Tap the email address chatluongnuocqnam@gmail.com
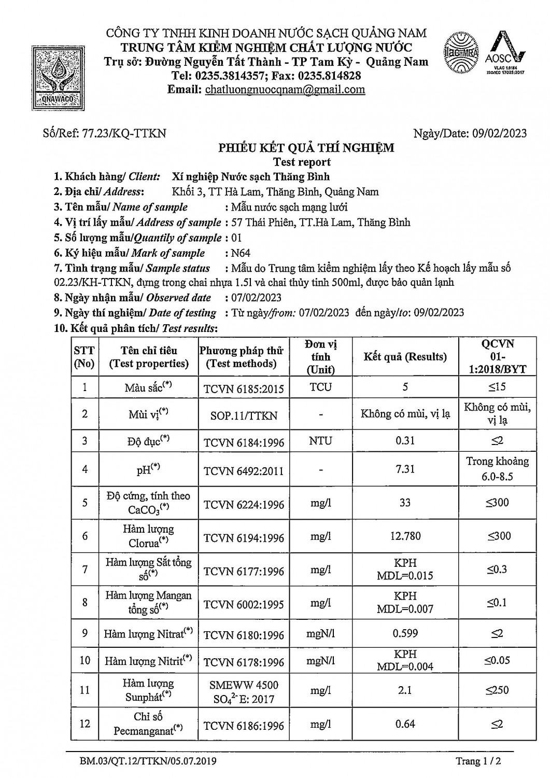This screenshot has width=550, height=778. coord(285,89)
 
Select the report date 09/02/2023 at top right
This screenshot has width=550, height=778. coord(499,133)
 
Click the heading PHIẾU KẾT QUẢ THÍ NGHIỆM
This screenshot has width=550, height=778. coord(306,148)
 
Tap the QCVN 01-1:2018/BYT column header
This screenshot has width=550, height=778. coord(498,356)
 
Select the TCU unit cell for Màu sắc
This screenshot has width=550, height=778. coord(321,387)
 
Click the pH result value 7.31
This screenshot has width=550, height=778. coord(405,469)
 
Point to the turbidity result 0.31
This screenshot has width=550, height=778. coord(405,441)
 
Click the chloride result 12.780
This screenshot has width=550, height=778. coord(405,536)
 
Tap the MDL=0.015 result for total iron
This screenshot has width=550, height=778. coord(405,576)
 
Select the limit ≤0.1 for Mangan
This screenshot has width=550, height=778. coord(497,603)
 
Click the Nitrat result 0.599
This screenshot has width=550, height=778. coord(405,633)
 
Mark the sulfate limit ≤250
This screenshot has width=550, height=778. coord(497,690)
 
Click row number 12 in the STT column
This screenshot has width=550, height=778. coord(85,724)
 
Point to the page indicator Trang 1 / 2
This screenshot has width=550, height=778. coord(478,761)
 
